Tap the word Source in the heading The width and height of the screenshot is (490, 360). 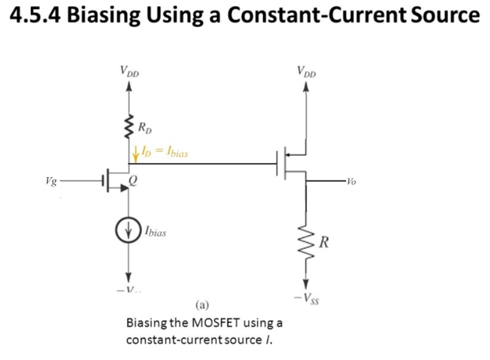tap(445, 17)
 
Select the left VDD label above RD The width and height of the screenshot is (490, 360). tap(130, 71)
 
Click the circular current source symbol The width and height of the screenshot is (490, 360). tap(128, 233)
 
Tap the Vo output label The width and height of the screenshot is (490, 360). tap(350, 182)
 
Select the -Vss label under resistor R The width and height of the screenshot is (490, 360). tap(306, 299)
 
